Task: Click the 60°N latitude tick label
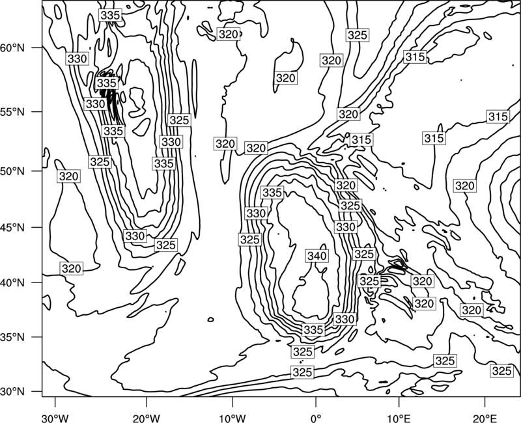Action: [12, 48]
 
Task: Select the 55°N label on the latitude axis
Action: [12, 112]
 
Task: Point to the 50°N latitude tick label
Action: [12, 171]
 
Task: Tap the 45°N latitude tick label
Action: [12, 227]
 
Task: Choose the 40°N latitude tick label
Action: [12, 282]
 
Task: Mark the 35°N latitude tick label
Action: [12, 337]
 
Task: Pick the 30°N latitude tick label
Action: [12, 392]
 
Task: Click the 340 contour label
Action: [317, 256]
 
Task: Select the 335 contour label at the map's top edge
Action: [110, 15]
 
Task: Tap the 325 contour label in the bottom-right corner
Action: [501, 371]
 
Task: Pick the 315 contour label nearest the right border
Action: [498, 116]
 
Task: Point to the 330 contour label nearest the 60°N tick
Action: [77, 59]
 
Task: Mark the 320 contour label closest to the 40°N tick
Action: [72, 268]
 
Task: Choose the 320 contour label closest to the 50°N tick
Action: [69, 176]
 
